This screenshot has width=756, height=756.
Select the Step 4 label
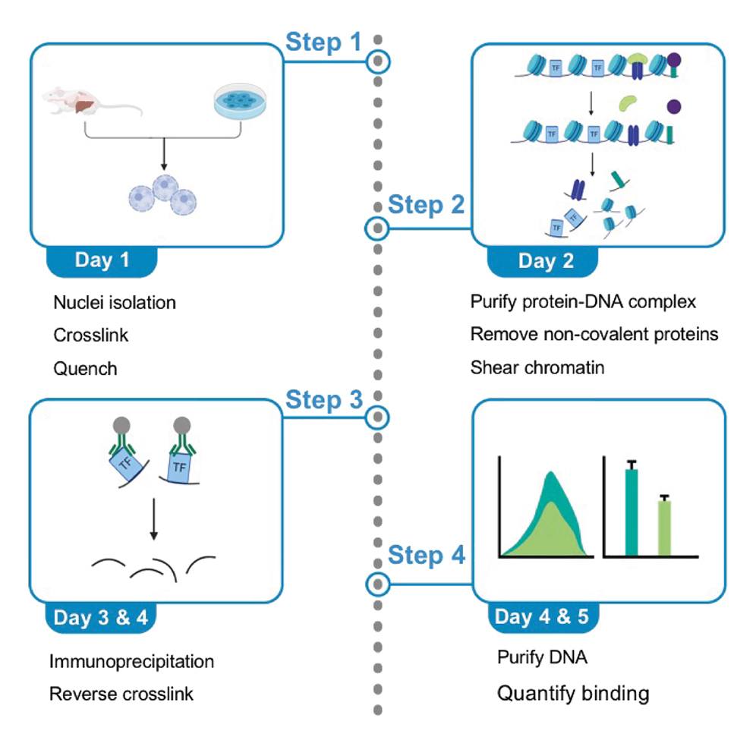coord(426,556)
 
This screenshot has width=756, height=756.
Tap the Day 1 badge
coord(102,260)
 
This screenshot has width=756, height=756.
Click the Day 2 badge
coord(546,260)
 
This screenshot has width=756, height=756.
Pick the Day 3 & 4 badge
coord(101,617)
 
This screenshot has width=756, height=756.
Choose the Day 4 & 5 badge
coord(542,616)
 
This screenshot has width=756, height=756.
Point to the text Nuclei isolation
coord(115,303)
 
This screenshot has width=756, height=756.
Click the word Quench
coord(85,369)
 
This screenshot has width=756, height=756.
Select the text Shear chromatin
coord(537,368)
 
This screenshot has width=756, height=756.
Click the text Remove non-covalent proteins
coord(594,335)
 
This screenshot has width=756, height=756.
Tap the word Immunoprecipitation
coord(131,661)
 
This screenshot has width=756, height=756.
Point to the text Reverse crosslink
coord(121,694)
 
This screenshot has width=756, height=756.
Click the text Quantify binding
coord(573,693)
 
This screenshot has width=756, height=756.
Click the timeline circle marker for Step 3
coord(377,417)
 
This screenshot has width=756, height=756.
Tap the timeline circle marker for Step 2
coord(377,227)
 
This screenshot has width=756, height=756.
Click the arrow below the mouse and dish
coord(162,155)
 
